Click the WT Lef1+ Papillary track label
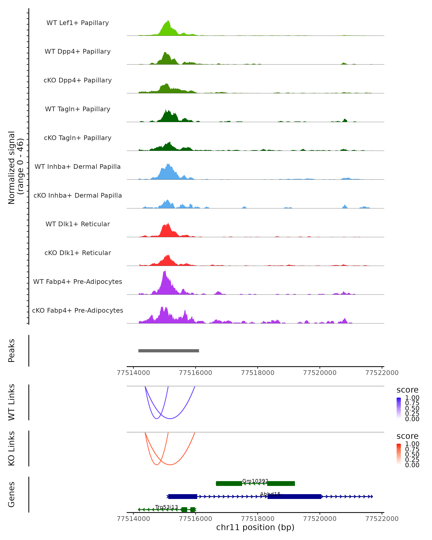tap(78, 23)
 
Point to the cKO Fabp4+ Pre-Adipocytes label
tap(78, 310)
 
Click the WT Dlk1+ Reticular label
tap(78, 224)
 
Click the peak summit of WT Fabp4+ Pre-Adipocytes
tap(165, 270)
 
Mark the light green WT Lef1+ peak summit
tap(168, 21)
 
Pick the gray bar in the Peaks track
tap(168, 351)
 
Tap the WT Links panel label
tap(12, 402)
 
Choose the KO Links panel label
tap(12, 448)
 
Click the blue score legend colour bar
tap(399, 408)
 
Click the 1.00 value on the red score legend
tap(412, 444)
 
